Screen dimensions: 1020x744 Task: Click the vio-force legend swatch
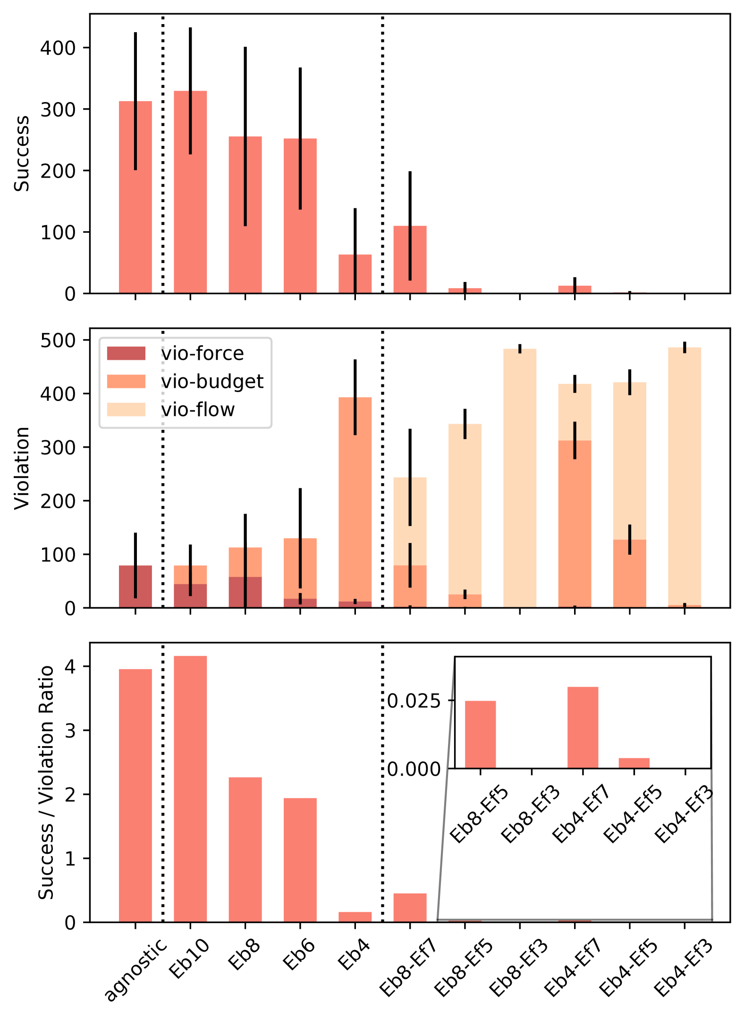coord(126,353)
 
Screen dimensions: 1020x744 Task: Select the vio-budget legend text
coord(212,382)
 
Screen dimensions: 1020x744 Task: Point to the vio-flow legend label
coord(198,409)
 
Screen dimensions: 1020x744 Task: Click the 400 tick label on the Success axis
coord(58,48)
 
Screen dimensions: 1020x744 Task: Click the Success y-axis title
coord(22,153)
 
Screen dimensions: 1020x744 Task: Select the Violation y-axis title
coord(22,468)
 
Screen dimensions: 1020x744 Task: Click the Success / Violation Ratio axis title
coord(46,782)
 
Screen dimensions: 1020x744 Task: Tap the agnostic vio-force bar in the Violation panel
coord(135,586)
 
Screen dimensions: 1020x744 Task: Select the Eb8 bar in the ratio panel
coord(245,850)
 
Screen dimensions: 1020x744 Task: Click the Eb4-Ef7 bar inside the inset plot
coord(583,727)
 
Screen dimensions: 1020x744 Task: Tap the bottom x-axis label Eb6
coord(298,954)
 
